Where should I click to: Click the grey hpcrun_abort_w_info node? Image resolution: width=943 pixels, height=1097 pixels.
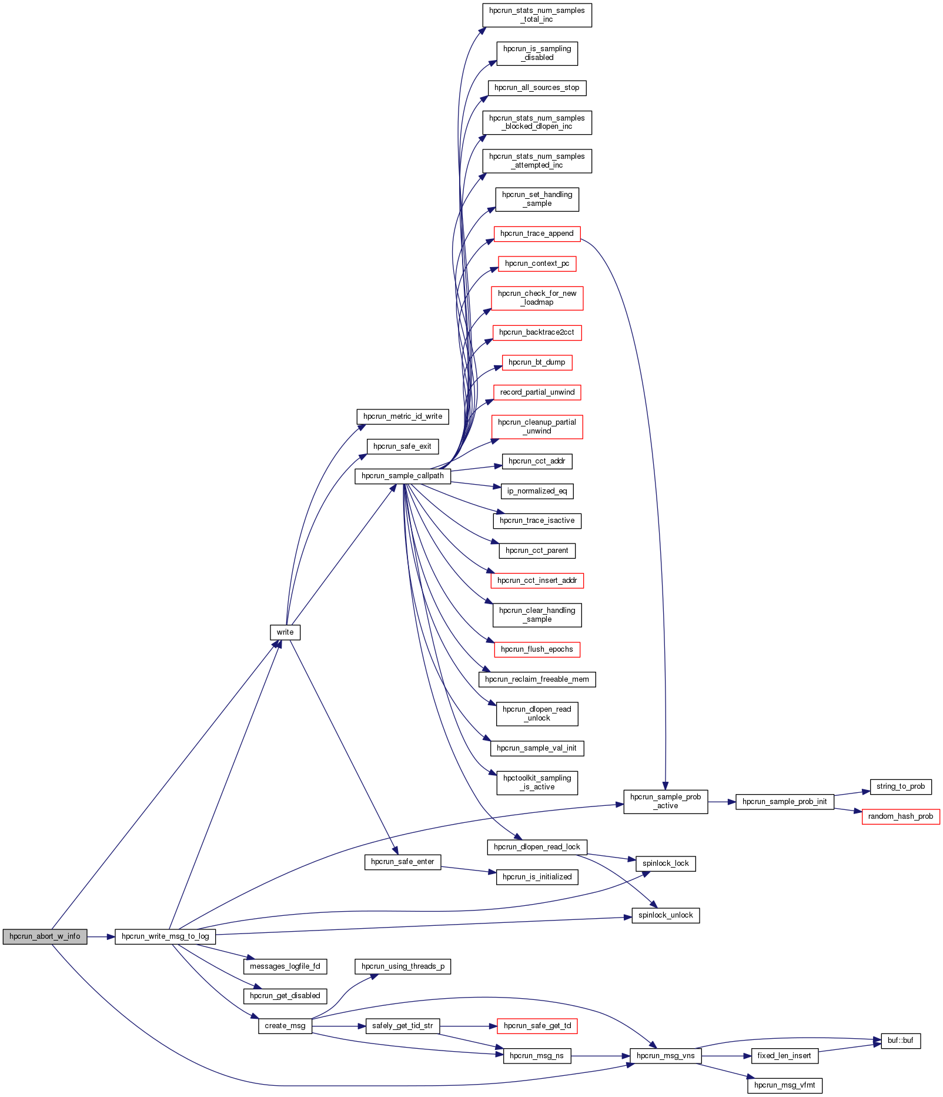[x=45, y=936]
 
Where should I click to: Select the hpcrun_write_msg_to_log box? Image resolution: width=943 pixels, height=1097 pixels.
[x=165, y=936]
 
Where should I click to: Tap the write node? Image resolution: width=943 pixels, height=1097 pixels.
[x=285, y=632]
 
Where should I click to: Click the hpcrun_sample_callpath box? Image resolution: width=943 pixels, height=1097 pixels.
[x=403, y=476]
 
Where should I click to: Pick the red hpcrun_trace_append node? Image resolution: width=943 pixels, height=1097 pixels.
[x=537, y=234]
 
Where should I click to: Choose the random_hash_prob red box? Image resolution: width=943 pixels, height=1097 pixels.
[x=901, y=816]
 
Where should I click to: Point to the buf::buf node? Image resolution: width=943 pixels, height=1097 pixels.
[x=900, y=1041]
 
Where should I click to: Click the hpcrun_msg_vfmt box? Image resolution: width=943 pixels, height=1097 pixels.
[x=784, y=1085]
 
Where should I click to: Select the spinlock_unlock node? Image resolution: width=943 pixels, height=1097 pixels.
[x=666, y=915]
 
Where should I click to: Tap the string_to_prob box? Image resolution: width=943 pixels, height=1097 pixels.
[x=901, y=786]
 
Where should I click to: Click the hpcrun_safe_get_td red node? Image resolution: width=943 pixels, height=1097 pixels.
[x=537, y=1026]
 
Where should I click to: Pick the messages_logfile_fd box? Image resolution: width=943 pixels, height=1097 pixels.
[x=285, y=966]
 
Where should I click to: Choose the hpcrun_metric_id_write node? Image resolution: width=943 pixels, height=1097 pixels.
[x=403, y=416]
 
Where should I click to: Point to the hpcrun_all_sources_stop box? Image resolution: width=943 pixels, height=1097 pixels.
[x=537, y=88]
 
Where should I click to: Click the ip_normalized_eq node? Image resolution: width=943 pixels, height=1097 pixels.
[x=537, y=491]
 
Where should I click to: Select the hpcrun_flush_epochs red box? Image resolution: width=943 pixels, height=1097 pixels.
[x=537, y=649]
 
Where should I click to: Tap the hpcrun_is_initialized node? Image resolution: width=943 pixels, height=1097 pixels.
[x=537, y=877]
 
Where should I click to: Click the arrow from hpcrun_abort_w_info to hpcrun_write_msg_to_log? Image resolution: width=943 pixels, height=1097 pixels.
[x=101, y=936]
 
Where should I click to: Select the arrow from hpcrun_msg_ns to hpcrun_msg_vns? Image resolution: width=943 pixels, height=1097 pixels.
[x=600, y=1056]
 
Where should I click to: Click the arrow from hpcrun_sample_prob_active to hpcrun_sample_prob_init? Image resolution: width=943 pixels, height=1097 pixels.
[x=722, y=802]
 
